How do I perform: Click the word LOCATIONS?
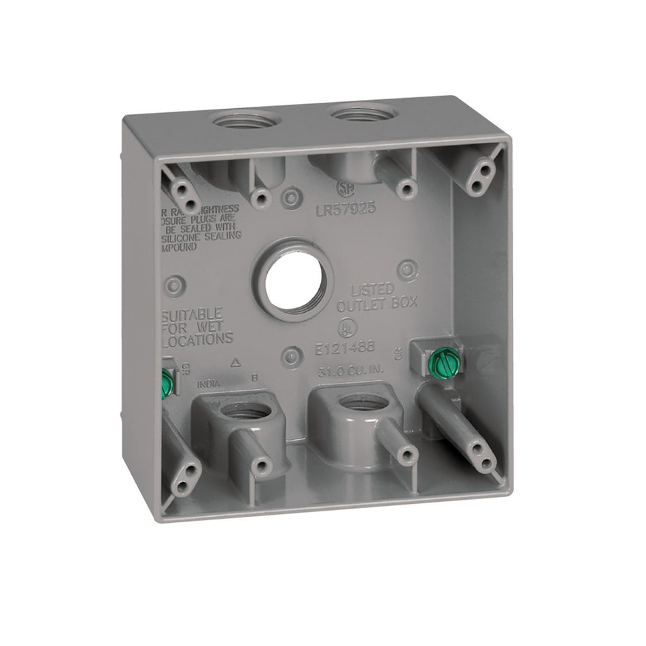tap(199, 338)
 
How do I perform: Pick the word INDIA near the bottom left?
tap(209, 384)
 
